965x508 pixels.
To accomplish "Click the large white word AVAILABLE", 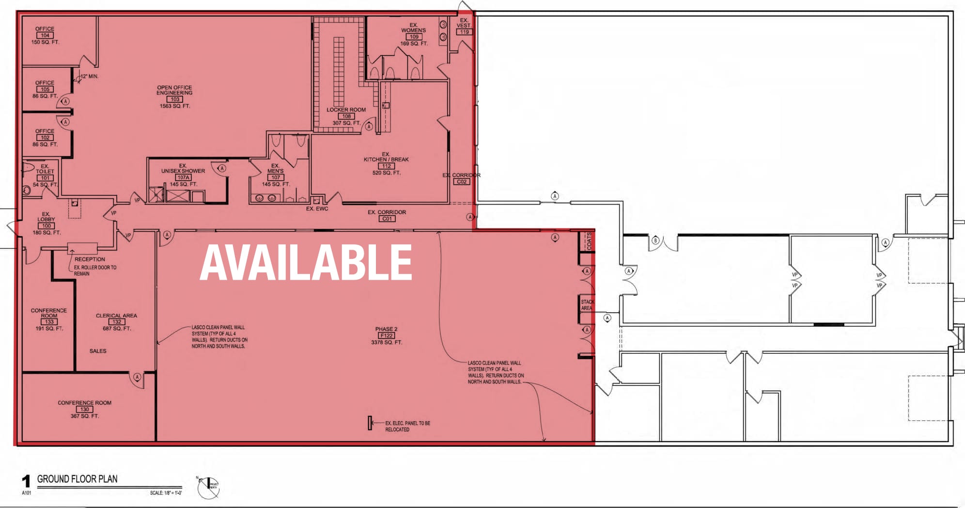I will tap(306, 262).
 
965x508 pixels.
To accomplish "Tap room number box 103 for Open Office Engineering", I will tap(174, 99).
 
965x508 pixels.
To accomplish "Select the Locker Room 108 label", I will tap(346, 110).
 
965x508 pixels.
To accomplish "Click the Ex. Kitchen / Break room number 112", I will tap(386, 166).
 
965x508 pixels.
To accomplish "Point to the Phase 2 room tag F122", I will tap(386, 335).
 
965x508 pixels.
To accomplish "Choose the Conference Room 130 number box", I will tap(84, 409).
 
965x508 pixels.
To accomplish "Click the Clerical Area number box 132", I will tap(116, 322).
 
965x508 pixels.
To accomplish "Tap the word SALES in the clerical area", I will tap(98, 351).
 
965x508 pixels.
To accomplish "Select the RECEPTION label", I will tap(90, 259).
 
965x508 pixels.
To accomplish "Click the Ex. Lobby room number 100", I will tap(46, 226).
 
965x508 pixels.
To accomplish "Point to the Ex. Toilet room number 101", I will tap(45, 178).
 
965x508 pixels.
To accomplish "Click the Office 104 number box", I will tap(45, 35).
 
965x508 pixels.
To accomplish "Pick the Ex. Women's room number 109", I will tap(413, 37).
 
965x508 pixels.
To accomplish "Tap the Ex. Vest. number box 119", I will tap(464, 32).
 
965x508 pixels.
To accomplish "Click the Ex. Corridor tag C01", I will tap(387, 219).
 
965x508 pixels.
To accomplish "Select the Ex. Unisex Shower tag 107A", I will tap(183, 177).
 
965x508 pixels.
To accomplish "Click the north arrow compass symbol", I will tap(209, 487).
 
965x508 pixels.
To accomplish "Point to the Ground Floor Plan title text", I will tap(77, 479).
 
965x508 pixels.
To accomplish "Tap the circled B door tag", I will tap(655, 240).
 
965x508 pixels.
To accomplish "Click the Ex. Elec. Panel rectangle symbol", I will tap(370, 423).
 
